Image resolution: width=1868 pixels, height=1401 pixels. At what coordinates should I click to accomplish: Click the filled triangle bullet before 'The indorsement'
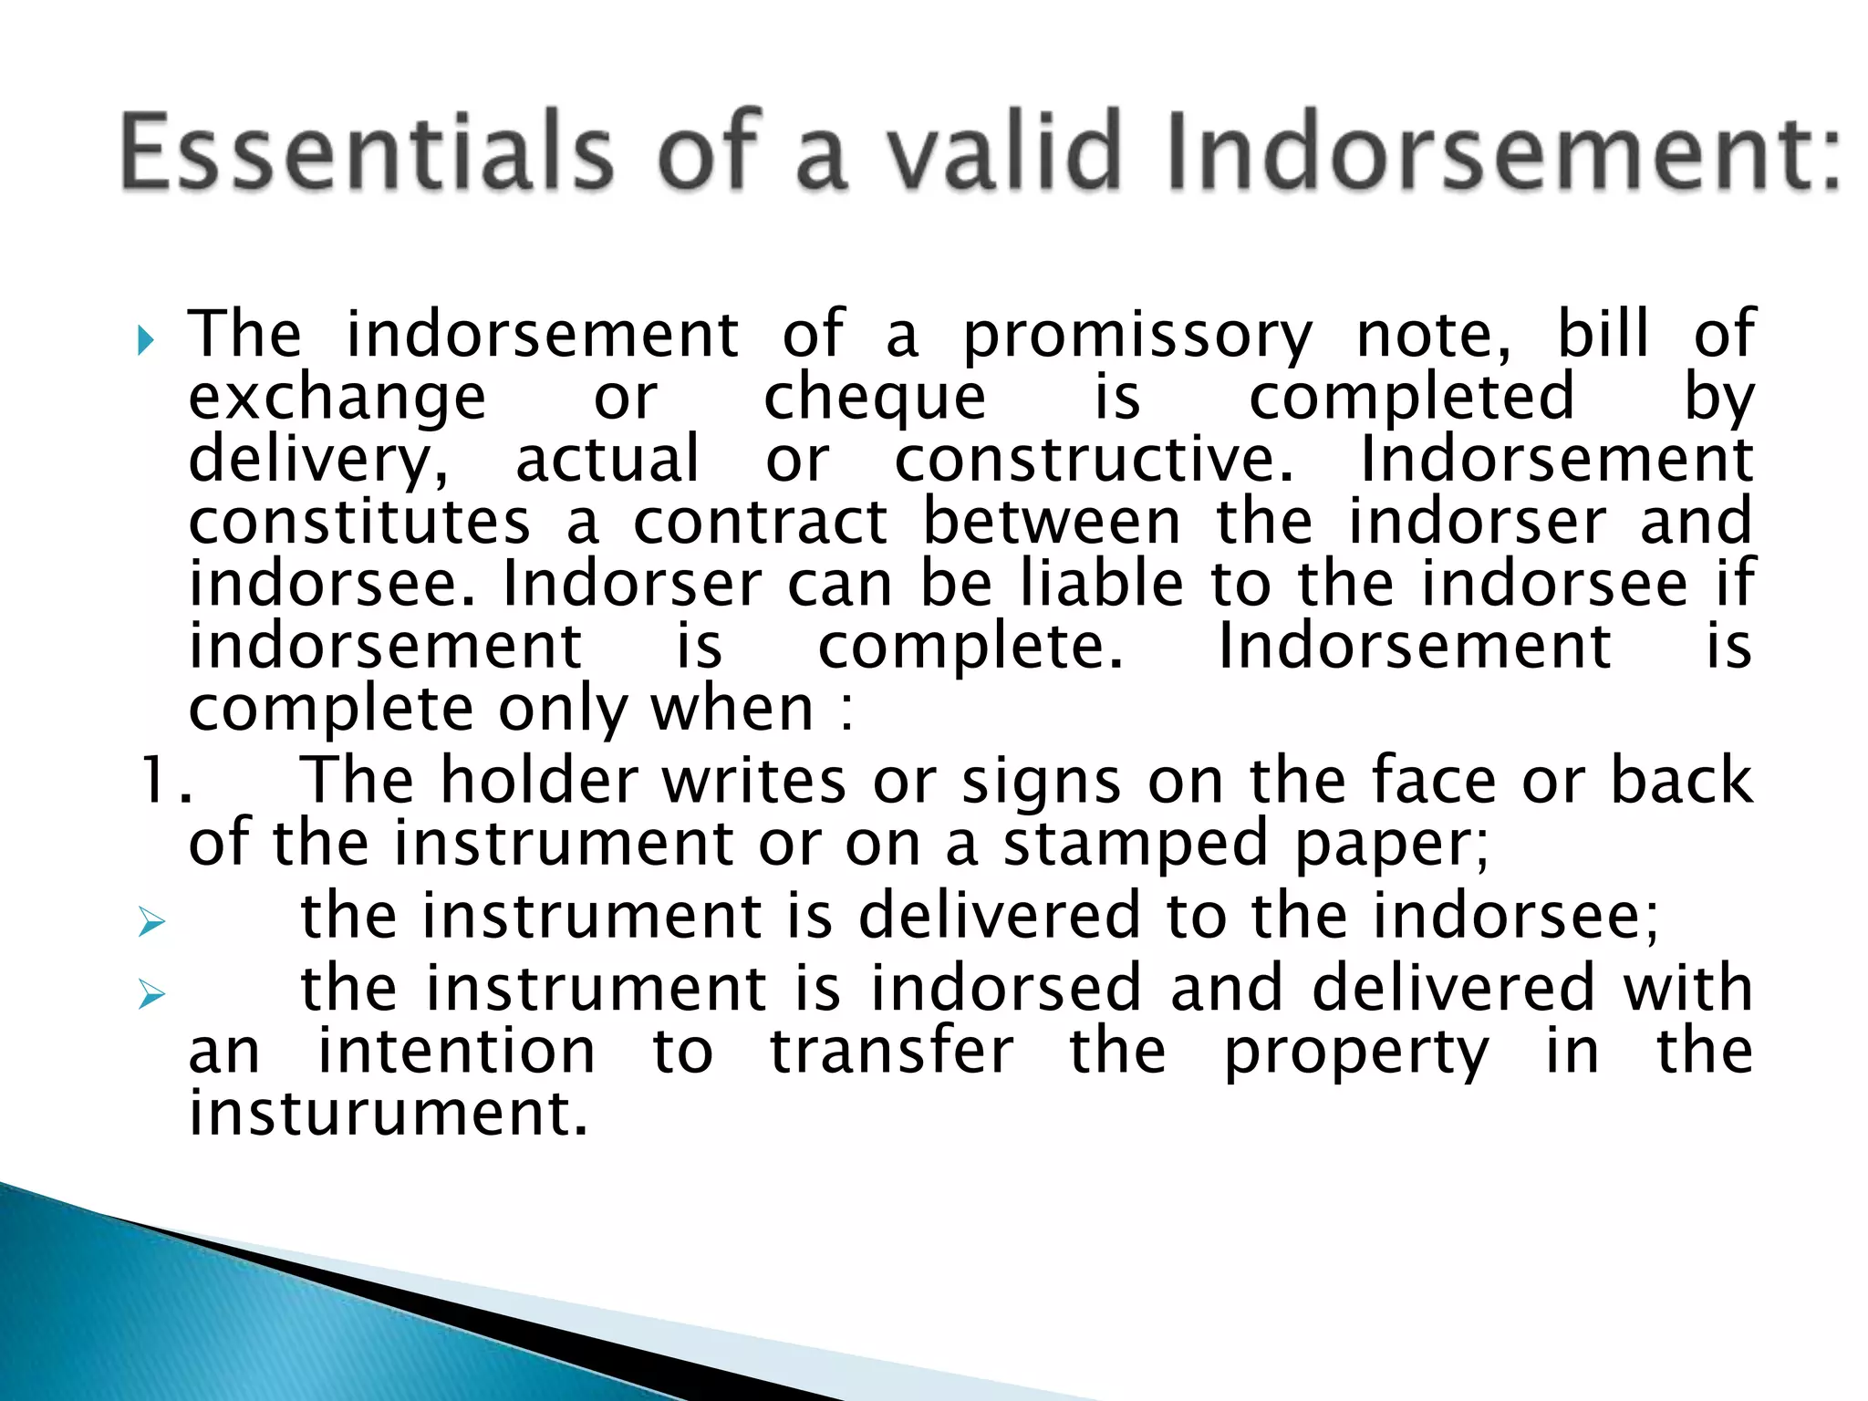coord(146,341)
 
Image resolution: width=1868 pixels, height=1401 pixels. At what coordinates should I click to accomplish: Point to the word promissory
coord(1138,336)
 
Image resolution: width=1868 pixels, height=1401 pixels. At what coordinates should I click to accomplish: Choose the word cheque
coord(875,398)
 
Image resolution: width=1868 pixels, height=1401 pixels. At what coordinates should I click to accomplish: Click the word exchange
coord(337,398)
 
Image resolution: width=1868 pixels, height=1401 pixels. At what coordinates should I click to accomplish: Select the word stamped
coord(1136,844)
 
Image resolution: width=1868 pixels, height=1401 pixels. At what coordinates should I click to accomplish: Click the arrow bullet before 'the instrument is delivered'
coord(151,921)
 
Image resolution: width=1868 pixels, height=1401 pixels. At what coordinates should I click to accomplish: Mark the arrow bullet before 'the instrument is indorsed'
coord(151,993)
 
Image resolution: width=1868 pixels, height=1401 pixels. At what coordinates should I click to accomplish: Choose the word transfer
coord(891,1051)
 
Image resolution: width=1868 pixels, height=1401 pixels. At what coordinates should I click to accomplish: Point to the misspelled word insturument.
coord(388,1114)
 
